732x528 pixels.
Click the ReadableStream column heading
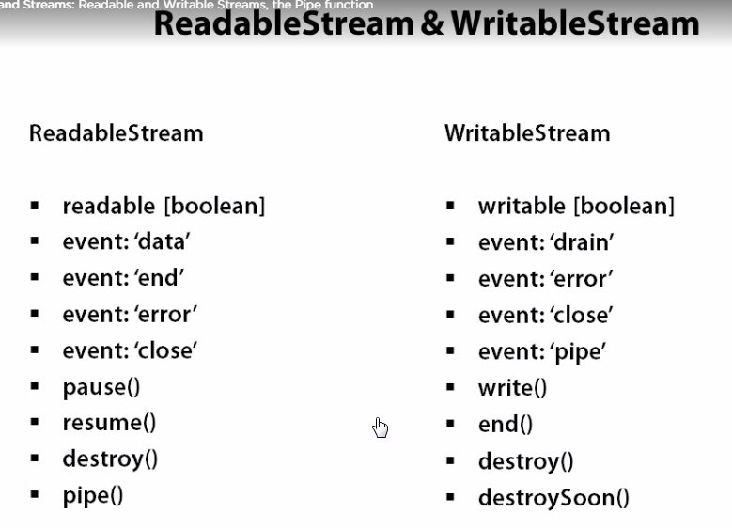coord(117,133)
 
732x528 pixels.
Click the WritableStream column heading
coord(527,133)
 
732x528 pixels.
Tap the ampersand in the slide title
coord(432,23)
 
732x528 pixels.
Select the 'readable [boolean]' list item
coord(164,206)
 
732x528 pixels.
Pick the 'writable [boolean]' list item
coord(577,206)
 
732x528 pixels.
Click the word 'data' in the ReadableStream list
coord(163,241)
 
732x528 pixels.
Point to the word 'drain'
coord(584,242)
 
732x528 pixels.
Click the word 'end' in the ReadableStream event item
coord(160,278)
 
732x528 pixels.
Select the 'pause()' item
coord(101,387)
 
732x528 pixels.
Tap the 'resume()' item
coord(109,423)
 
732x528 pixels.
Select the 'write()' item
coord(512,388)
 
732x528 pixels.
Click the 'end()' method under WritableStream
coord(506,425)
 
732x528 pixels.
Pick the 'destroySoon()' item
coord(554,498)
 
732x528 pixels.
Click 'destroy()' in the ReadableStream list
coord(110,459)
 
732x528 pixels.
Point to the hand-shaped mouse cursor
coord(380,427)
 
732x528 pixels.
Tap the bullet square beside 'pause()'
coord(35,386)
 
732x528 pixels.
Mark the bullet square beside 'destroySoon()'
coord(450,497)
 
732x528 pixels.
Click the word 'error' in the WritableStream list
coord(583,279)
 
